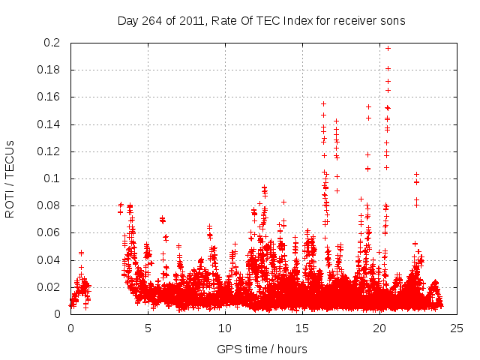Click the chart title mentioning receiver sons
coord(261,21)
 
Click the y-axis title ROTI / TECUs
coord(10,178)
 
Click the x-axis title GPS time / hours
coord(262,349)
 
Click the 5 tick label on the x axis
coord(148,328)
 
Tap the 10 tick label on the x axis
coord(225,328)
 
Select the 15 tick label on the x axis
coord(302,328)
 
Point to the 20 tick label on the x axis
coord(379,328)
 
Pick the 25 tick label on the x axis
coord(457,328)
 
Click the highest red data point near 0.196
coord(388,48)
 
